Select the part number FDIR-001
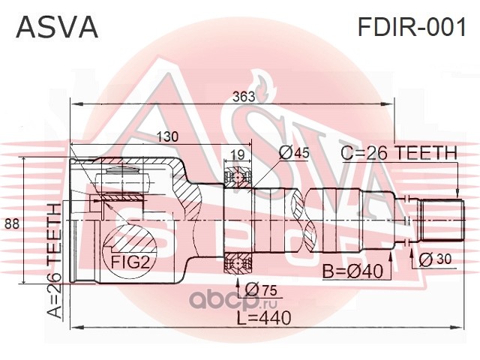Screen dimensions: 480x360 [x=412, y=27]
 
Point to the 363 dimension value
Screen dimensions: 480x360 [x=244, y=97]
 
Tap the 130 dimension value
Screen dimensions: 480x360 [x=167, y=136]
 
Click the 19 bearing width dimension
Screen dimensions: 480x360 [x=237, y=155]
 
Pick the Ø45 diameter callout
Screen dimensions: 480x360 [x=294, y=153]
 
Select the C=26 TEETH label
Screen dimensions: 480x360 [x=399, y=153]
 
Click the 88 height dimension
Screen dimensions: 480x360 [x=12, y=223]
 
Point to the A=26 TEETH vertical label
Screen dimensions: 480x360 [x=55, y=261]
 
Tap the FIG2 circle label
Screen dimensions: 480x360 [x=130, y=262]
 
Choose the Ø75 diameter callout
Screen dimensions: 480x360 [x=261, y=289]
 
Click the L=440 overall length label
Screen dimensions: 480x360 [x=264, y=317]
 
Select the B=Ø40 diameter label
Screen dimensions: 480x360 [x=353, y=271]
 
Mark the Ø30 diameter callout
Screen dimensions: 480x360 [x=435, y=260]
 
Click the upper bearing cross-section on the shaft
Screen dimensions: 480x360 [x=238, y=177]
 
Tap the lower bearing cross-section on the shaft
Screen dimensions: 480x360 [x=238, y=263]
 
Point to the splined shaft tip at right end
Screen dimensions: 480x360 [x=442, y=220]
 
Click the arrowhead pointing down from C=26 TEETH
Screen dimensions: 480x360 [x=457, y=193]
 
